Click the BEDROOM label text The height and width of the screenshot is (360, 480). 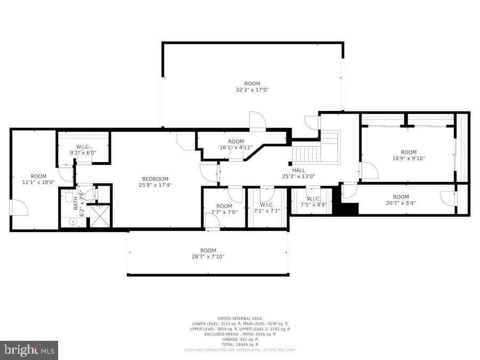pyautogui.click(x=155, y=179)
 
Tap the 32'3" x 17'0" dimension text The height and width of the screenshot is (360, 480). pyautogui.click(x=252, y=90)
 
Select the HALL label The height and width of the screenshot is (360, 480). pyautogui.click(x=299, y=170)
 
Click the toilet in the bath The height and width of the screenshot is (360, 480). pyautogui.click(x=69, y=197)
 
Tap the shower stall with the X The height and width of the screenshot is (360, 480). pyautogui.click(x=100, y=216)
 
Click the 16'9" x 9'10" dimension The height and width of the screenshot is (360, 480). pyautogui.click(x=409, y=158)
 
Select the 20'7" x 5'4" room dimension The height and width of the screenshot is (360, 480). pyautogui.click(x=401, y=203)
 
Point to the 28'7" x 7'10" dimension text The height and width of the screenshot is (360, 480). pyautogui.click(x=208, y=257)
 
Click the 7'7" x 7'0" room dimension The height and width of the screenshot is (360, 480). pyautogui.click(x=224, y=212)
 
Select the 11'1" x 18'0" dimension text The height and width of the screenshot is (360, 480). pyautogui.click(x=38, y=182)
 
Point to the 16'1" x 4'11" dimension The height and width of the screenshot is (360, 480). pyautogui.click(x=235, y=148)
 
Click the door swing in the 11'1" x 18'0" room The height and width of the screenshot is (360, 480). pyautogui.click(x=19, y=208)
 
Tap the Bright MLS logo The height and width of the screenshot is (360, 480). pyautogui.click(x=29, y=350)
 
